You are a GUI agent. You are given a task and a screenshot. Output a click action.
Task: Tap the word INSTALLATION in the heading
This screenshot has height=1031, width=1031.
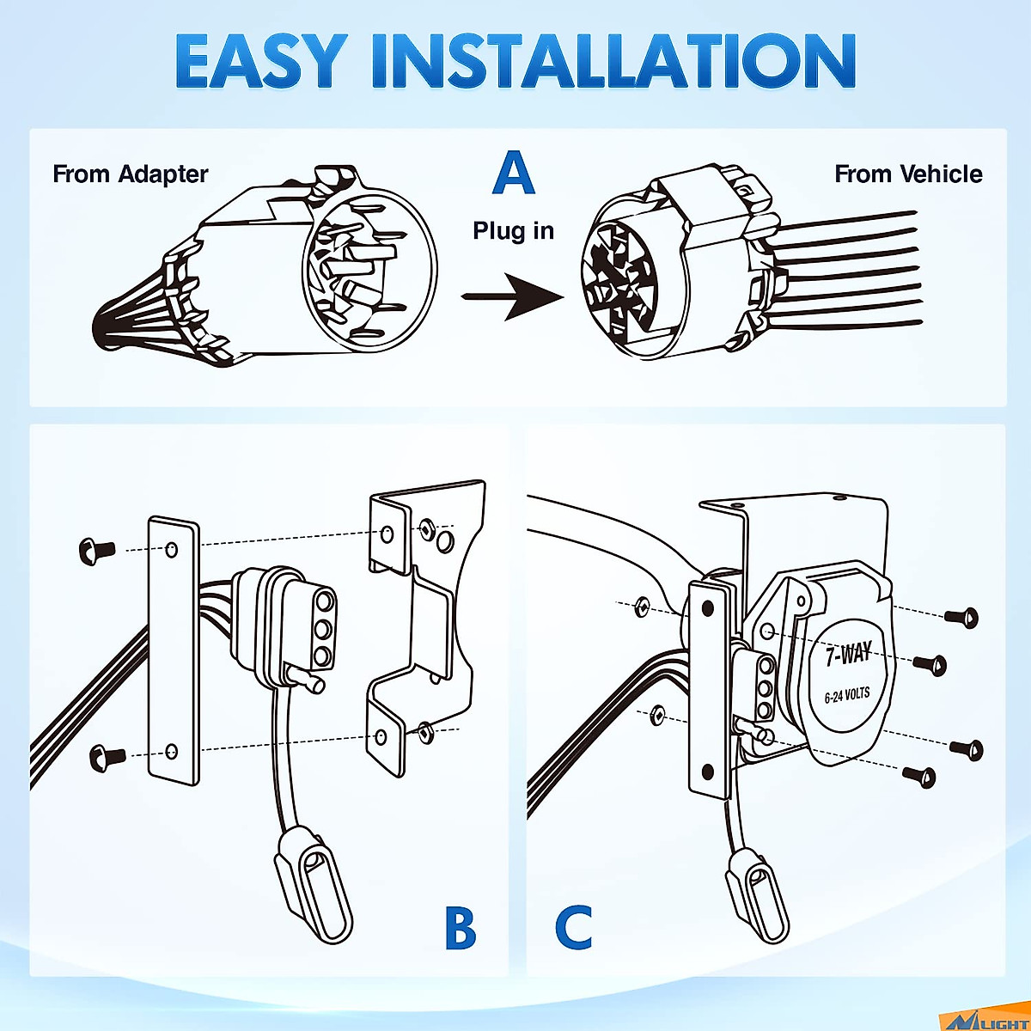click(613, 62)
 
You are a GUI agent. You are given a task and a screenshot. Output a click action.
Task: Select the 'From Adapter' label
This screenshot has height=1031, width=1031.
click(131, 174)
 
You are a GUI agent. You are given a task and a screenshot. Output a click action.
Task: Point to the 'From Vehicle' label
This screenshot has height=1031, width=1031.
click(908, 174)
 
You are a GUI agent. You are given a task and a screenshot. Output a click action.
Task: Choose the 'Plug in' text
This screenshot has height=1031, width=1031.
click(514, 231)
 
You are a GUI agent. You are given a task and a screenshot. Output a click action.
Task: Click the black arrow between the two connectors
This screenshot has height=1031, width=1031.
click(513, 296)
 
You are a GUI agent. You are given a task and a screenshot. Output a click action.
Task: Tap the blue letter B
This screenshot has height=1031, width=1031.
click(461, 928)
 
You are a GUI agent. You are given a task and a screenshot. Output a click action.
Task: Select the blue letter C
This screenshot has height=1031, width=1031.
click(573, 928)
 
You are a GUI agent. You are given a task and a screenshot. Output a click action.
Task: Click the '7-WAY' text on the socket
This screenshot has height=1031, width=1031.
click(848, 655)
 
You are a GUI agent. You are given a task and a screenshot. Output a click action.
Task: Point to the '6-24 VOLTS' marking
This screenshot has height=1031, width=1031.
click(847, 695)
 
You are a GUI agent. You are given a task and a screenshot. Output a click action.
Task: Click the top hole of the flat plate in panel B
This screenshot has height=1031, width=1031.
click(172, 549)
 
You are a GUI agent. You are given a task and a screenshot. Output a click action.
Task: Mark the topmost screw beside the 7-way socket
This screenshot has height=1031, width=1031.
click(961, 616)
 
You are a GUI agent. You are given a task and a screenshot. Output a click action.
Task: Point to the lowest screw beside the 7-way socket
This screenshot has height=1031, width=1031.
click(919, 776)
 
